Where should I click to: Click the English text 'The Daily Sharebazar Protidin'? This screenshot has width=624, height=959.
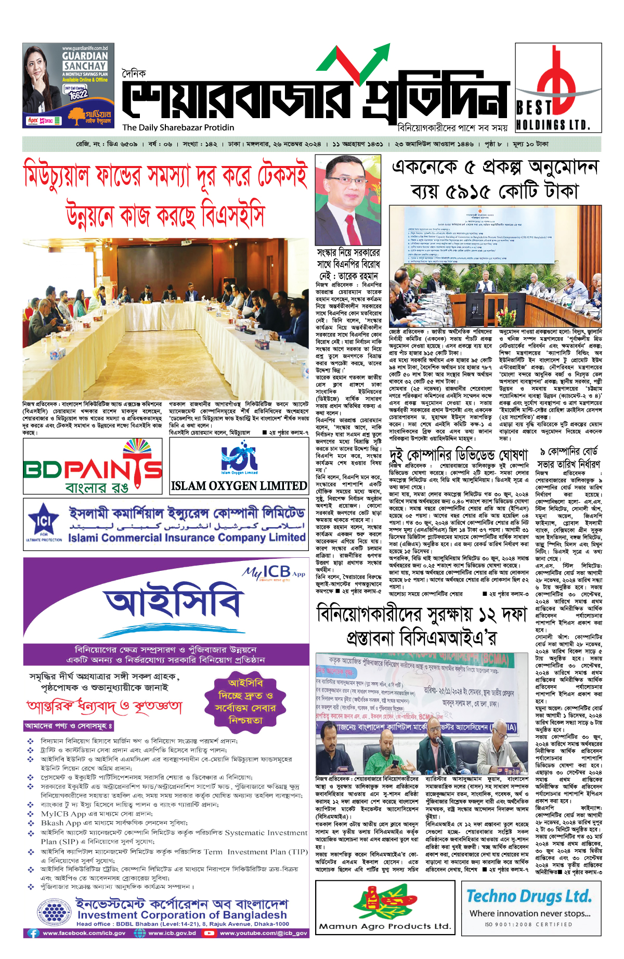tap(178, 127)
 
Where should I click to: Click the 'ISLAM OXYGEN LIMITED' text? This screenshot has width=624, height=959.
tap(239, 486)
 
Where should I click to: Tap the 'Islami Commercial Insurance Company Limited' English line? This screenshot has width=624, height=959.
tap(187, 538)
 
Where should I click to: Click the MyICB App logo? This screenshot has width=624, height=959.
tap(274, 573)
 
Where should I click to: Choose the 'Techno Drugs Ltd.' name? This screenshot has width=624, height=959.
tap(529, 896)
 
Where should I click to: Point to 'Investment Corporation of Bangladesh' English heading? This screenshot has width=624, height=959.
tap(182, 915)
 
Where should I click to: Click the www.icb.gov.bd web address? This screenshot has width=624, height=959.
tap(172, 933)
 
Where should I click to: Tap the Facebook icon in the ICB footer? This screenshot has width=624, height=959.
tap(33, 933)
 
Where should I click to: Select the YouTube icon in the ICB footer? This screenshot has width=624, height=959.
tap(209, 933)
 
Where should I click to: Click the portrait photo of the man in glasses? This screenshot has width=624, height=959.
tap(348, 200)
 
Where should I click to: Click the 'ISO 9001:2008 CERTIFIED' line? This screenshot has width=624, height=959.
tap(528, 924)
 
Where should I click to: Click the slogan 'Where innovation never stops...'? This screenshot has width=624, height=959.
tap(530, 913)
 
